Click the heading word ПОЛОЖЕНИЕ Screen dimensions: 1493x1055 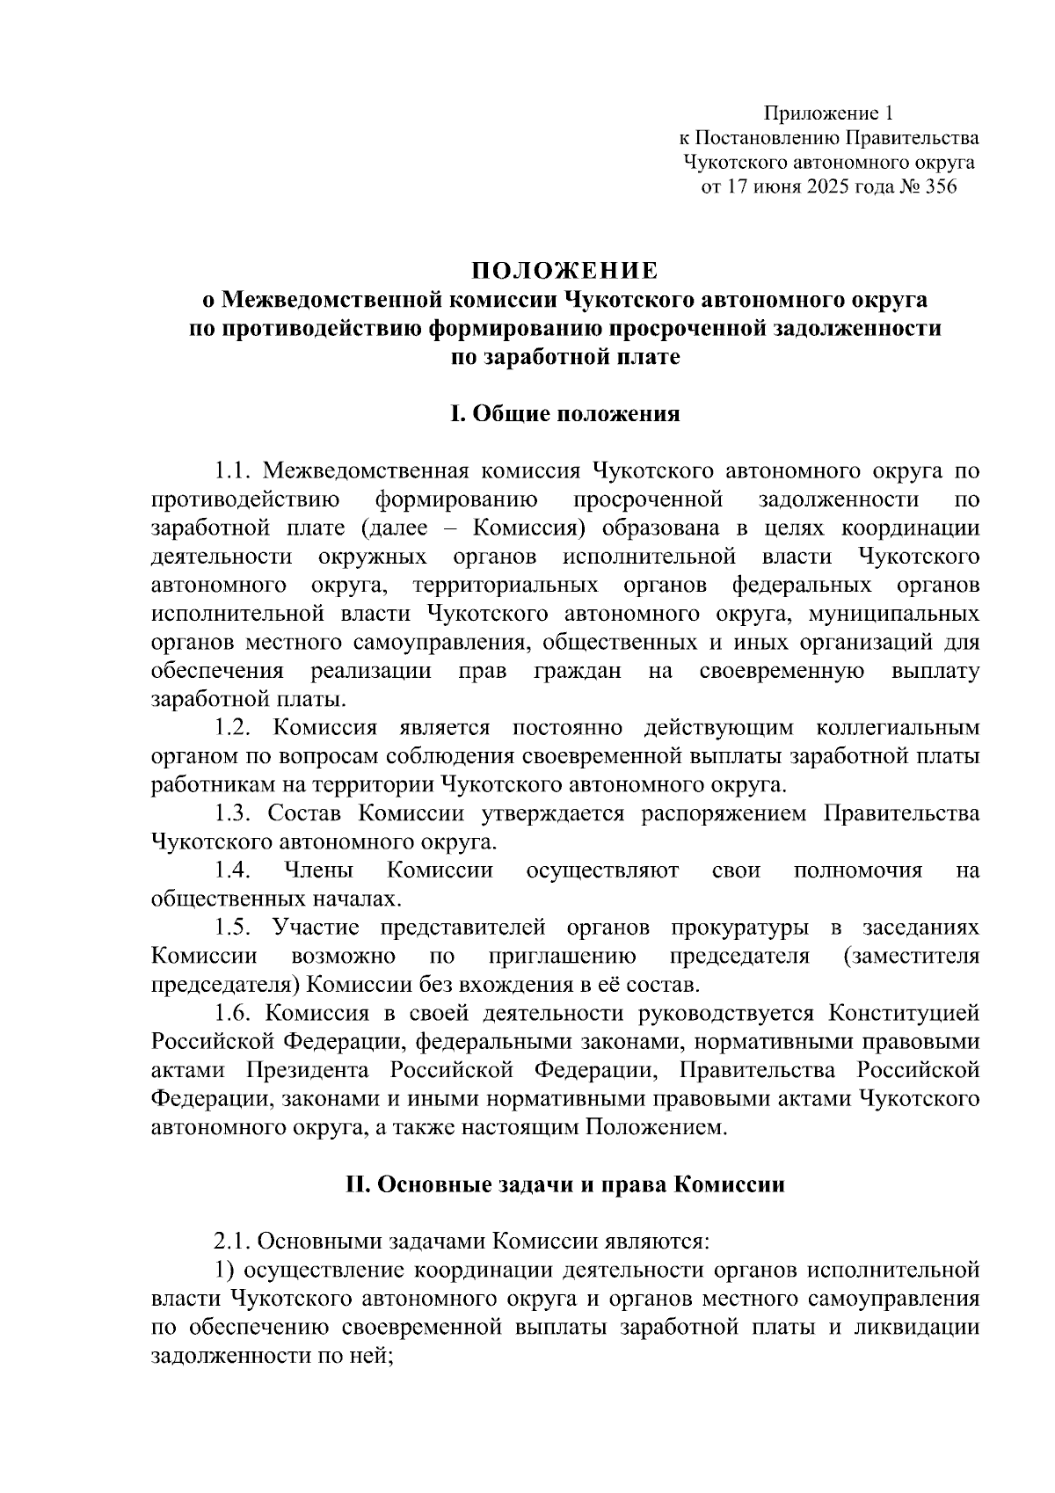tap(565, 268)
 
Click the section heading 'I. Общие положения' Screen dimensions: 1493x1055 tap(565, 413)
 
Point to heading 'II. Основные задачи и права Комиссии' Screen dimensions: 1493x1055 tap(565, 1184)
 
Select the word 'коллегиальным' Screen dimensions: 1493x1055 tap(897, 728)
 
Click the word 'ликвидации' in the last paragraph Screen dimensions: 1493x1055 tap(918, 1327)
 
